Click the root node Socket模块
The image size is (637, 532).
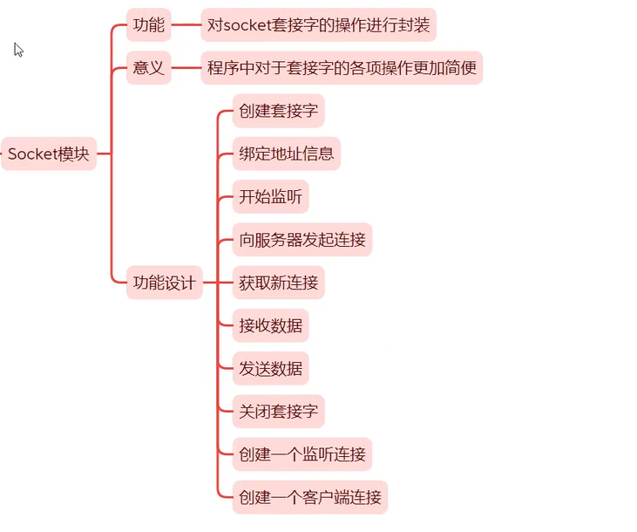coord(49,154)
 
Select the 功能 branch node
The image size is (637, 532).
coord(149,25)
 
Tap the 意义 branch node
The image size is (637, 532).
coord(149,68)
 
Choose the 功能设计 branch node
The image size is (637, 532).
coord(164,283)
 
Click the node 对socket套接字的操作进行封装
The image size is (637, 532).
coord(318,25)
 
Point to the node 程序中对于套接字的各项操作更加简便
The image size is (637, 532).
coord(342,68)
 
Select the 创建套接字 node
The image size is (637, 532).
coord(278,111)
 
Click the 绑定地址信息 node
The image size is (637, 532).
coord(286,153)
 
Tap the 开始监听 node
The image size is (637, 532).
coord(270,197)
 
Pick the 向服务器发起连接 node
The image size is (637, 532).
coord(302,240)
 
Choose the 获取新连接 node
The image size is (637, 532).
coord(278,283)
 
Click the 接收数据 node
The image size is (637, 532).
coord(270,326)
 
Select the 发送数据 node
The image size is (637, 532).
coord(270,369)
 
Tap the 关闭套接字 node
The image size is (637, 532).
coord(278,412)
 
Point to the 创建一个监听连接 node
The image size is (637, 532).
coord(302,454)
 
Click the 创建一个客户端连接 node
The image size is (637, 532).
coord(309,498)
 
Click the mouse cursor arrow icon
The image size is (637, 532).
coord(18,50)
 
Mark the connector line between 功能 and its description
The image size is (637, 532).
coord(186,25)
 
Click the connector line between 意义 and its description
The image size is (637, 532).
coord(186,68)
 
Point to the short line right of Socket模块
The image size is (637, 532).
coord(104,154)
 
